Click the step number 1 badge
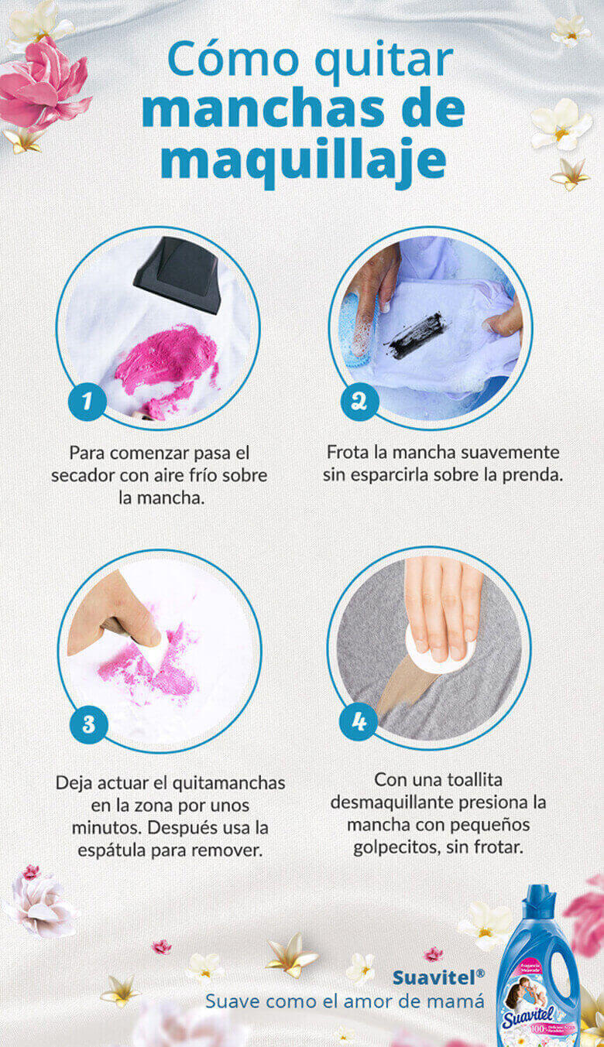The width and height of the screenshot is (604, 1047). pos(87,402)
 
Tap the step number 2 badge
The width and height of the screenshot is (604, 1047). pos(359,402)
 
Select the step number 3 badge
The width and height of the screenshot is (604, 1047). pos(88,724)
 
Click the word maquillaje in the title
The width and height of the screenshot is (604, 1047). pos(303,162)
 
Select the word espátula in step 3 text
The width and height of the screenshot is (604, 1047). pos(116,849)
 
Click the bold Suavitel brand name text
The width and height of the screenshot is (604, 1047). pos(434,977)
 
